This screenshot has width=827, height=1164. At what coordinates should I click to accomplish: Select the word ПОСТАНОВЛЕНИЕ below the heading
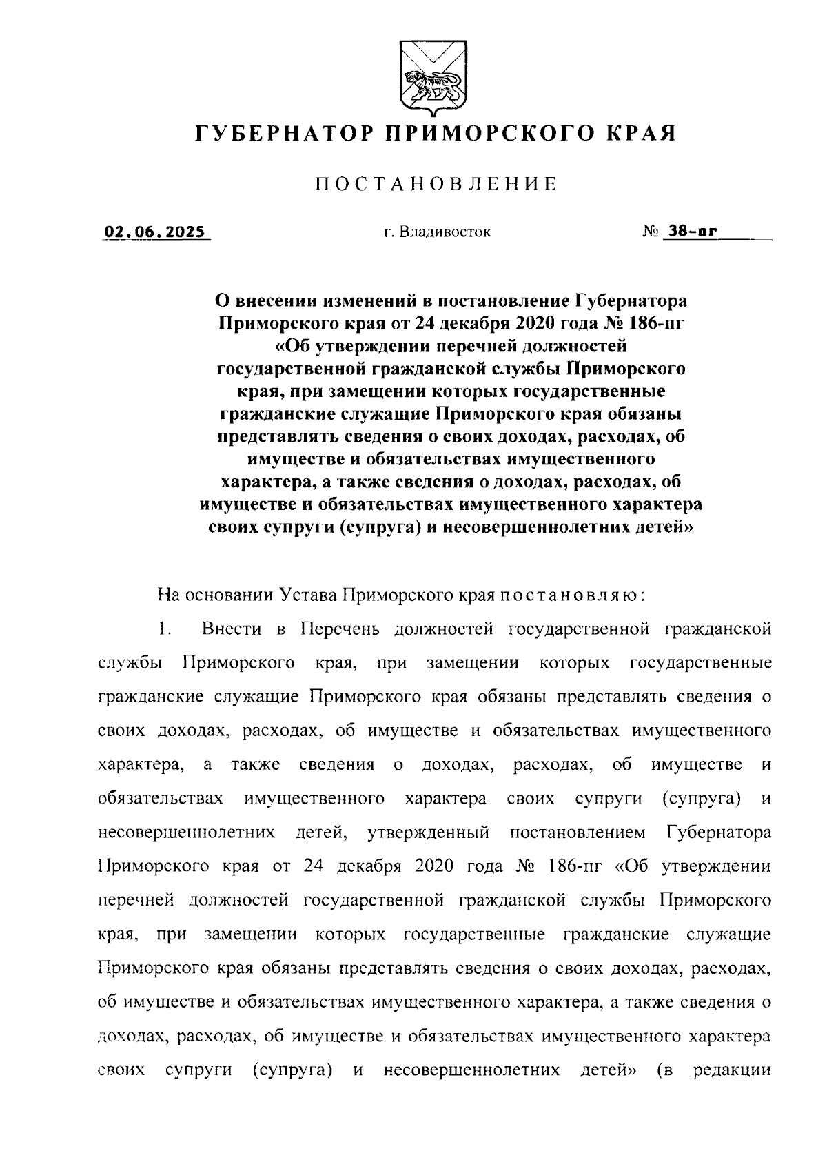click(x=436, y=184)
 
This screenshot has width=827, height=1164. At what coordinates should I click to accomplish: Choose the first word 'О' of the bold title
click(x=222, y=300)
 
